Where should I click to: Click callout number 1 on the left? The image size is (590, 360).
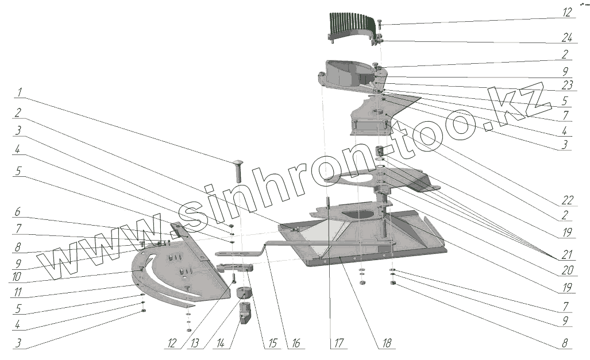pyautogui.click(x=20, y=91)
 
